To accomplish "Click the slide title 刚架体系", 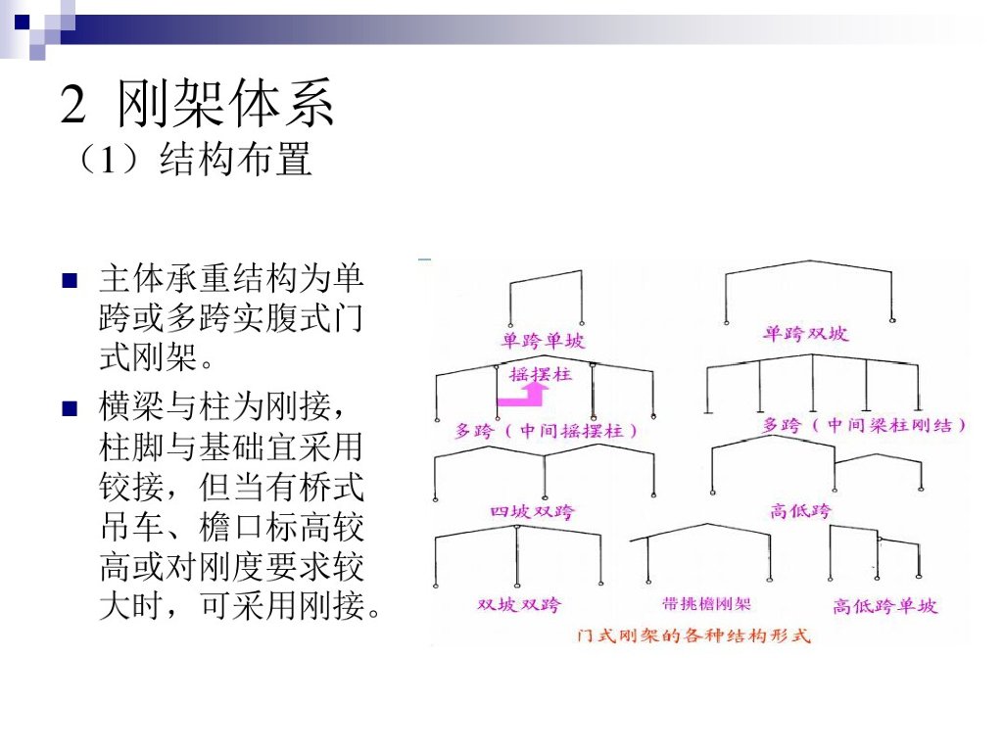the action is pyautogui.click(x=226, y=104).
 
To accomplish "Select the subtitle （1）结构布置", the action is pyautogui.click(x=192, y=159).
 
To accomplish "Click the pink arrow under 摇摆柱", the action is pyautogui.click(x=523, y=396).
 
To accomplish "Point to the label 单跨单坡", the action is pyautogui.click(x=544, y=341).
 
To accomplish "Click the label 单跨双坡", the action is pyautogui.click(x=805, y=334).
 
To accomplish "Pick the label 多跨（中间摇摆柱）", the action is pyautogui.click(x=547, y=430).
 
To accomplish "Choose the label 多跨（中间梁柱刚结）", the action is pyautogui.click(x=865, y=425).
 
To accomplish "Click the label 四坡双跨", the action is pyautogui.click(x=533, y=512).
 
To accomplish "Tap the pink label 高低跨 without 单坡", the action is pyautogui.click(x=800, y=510).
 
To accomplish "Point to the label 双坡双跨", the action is pyautogui.click(x=519, y=604).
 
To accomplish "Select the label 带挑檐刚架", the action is pyautogui.click(x=706, y=604).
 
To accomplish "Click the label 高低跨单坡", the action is pyautogui.click(x=884, y=606).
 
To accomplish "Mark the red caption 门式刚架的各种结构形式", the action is pyautogui.click(x=694, y=635).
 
